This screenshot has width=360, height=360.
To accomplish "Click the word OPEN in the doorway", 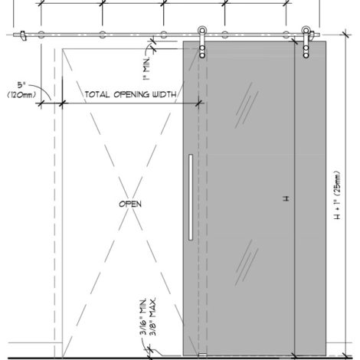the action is (x=130, y=204).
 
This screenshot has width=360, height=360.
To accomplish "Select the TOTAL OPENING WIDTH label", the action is (x=130, y=94).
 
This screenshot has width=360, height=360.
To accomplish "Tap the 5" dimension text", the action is (x=21, y=85).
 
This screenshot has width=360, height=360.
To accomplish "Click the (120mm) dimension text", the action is (x=21, y=95).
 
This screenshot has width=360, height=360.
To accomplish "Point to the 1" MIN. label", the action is (x=146, y=69).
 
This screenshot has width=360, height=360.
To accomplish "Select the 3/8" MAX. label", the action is (x=152, y=316).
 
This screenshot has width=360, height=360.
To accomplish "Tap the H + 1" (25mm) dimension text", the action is (x=337, y=195).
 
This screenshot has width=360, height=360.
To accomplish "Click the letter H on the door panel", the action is (x=286, y=198).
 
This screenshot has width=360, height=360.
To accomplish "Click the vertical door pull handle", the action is (x=191, y=197).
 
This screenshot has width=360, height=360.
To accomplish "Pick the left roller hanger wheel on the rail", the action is (x=202, y=31).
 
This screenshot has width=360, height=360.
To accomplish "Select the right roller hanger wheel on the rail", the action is (x=306, y=31).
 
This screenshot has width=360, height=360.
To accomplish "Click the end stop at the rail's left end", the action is (x=23, y=35).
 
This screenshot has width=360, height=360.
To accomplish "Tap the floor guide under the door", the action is (x=202, y=355).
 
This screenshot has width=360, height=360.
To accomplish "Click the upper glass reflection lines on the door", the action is (x=247, y=105).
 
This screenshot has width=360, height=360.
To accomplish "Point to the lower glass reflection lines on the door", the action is (x=247, y=263).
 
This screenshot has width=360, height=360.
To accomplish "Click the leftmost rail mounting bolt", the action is (x=41, y=34).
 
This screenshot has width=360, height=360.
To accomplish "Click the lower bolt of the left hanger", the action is (x=202, y=55).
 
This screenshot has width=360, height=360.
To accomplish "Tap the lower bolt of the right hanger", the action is (x=306, y=55).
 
